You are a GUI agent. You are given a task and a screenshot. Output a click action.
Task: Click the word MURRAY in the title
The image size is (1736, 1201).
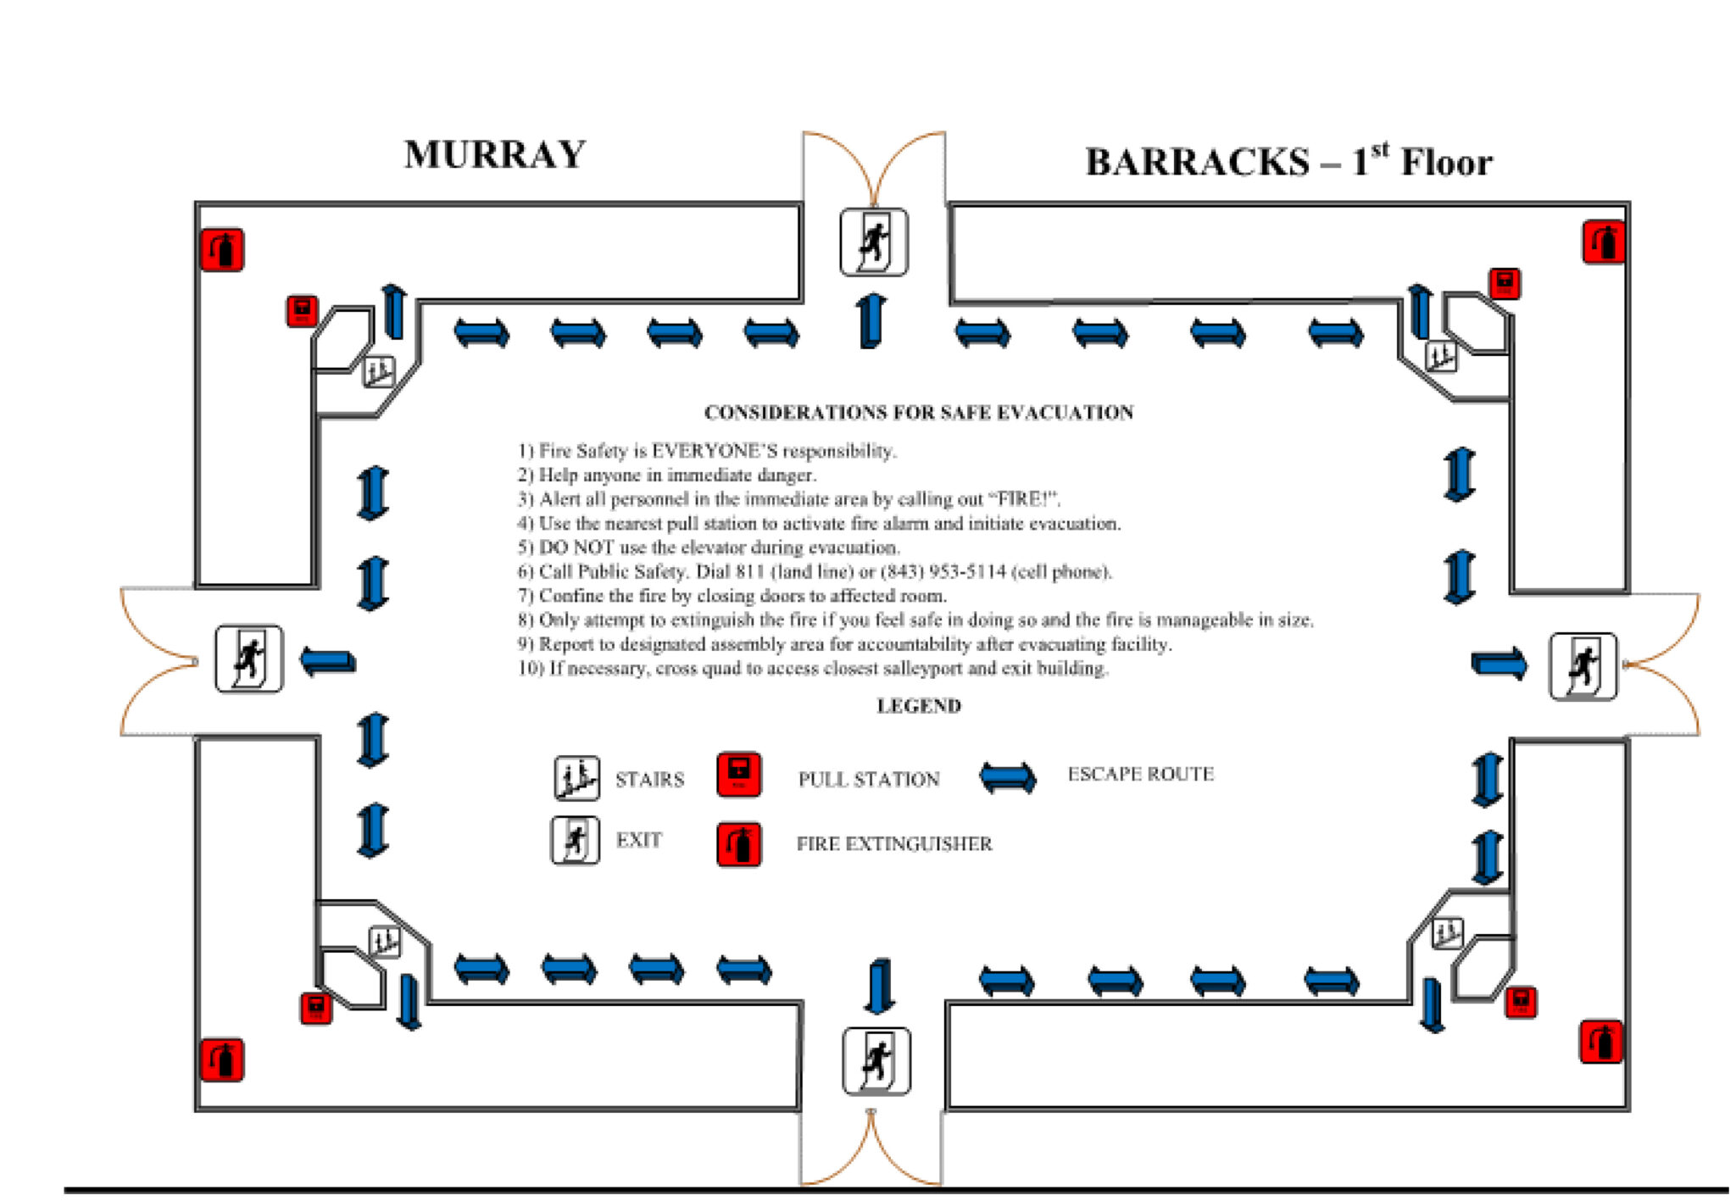coord(495,155)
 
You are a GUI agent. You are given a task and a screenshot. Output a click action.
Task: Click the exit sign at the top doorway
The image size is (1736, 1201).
coord(874,242)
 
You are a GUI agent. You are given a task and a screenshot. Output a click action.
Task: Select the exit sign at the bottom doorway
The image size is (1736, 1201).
coord(876,1061)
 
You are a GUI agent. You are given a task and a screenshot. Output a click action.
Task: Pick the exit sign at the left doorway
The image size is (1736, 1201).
coord(248,659)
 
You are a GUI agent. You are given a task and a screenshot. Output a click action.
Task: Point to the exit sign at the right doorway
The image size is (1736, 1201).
coord(1583,666)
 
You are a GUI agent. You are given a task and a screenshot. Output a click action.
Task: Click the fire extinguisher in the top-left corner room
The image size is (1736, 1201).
coord(222,250)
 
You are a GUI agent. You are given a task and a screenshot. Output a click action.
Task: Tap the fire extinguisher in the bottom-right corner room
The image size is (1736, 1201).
coord(1601,1042)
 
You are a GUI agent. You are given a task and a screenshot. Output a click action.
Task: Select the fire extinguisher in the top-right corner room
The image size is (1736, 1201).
coord(1604,242)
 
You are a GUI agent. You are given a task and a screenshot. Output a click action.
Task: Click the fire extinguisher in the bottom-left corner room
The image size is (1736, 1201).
coord(222,1060)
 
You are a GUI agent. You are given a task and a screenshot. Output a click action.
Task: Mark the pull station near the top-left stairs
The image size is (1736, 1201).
coord(302,311)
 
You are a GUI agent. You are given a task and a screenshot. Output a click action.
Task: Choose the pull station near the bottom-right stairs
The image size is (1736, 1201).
coord(1521,1002)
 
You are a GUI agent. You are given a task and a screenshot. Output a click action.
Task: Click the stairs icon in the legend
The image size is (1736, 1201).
coord(576,778)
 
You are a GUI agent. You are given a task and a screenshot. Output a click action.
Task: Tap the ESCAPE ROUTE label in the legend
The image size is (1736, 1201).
coord(1140,774)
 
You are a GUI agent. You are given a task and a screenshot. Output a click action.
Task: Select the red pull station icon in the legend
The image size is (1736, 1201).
coord(738,774)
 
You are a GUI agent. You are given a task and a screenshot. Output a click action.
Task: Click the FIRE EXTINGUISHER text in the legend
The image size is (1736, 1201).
coord(893,844)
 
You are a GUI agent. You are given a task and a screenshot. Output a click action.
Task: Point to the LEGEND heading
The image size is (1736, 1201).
coord(918,706)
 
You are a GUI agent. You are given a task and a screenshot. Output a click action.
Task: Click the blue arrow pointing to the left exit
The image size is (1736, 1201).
coord(328,661)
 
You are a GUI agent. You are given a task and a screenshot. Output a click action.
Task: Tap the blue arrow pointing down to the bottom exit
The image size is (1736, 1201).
coord(879,986)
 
